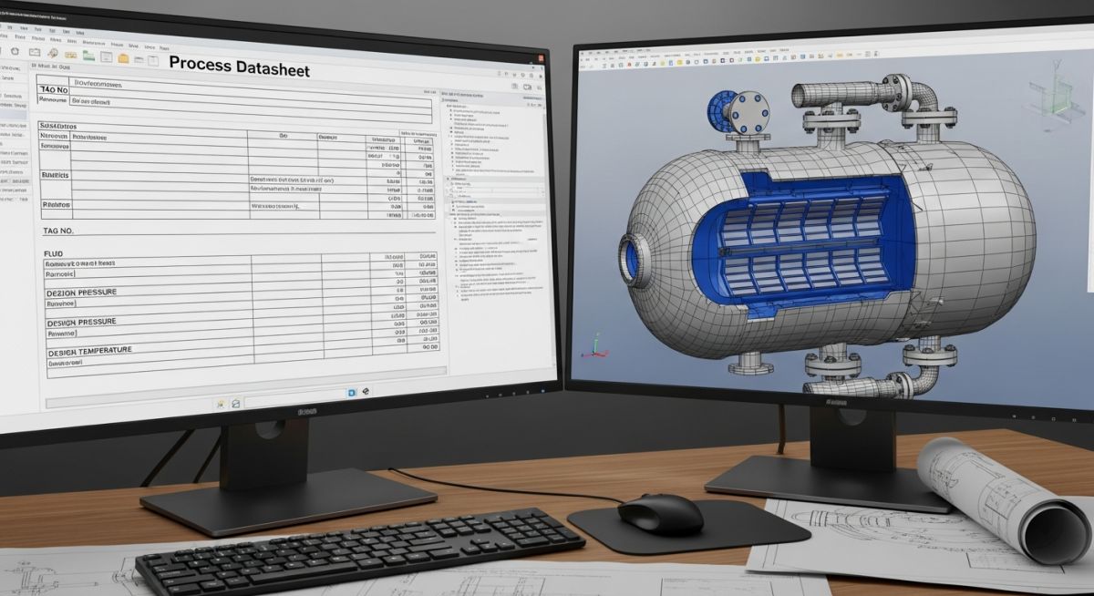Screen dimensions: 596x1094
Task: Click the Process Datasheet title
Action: click(240, 68)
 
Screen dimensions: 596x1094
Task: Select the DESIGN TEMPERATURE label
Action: click(88, 351)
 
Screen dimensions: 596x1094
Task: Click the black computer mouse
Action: click(660, 513)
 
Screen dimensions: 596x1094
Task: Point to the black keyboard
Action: click(360, 550)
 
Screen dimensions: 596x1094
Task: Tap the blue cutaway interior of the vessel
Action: click(802, 237)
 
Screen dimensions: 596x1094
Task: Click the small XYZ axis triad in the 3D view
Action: click(595, 345)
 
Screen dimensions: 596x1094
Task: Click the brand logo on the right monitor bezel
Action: click(836, 400)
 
